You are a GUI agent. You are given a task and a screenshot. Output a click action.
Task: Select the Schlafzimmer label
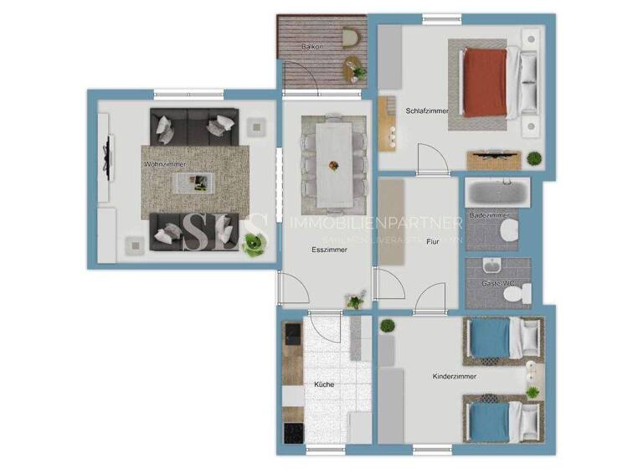pos(427,111)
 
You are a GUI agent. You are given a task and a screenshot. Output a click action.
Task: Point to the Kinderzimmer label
pos(454,377)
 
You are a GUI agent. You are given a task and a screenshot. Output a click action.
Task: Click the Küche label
pos(324,384)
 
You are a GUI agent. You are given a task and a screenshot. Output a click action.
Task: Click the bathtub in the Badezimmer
pos(496,193)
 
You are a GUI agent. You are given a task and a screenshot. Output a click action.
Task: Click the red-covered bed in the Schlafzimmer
pos(487,81)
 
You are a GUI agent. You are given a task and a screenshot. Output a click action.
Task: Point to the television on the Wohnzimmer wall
pos(105,152)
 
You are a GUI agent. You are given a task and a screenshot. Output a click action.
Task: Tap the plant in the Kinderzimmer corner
pos(387,325)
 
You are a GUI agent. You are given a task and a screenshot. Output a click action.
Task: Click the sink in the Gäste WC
pos(492,268)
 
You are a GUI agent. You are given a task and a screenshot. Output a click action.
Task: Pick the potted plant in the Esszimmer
pos(357,300)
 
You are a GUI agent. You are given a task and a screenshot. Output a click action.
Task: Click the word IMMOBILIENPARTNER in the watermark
pos(375,223)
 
